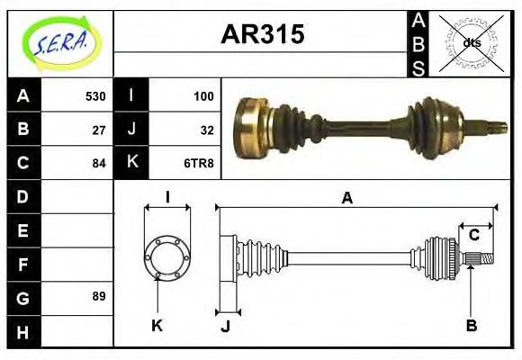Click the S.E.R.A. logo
click(x=59, y=42)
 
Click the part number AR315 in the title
click(x=263, y=35)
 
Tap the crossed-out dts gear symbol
click(x=472, y=42)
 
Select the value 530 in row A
click(x=95, y=96)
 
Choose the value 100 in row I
click(x=203, y=96)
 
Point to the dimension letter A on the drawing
click(x=346, y=198)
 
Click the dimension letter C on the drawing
click(x=473, y=236)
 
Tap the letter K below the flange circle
click(x=157, y=325)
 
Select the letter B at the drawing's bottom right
click(x=471, y=325)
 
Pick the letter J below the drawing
click(x=225, y=326)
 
